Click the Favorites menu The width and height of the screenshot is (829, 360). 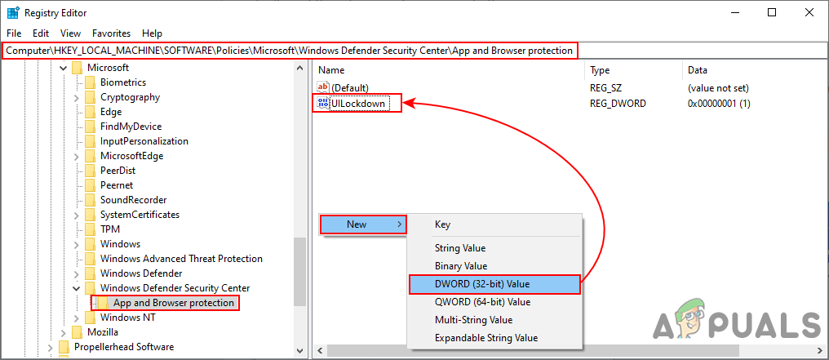111,33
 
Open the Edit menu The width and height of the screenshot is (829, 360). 41,33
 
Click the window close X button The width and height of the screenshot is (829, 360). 809,13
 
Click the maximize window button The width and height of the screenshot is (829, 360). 772,13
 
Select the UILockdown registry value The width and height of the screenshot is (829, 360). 358,104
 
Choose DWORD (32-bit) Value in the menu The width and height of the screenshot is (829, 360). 482,284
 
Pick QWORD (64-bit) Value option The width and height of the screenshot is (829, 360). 482,302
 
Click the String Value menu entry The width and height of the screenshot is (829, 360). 460,248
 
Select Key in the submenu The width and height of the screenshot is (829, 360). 442,224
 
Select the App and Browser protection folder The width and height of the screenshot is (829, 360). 174,303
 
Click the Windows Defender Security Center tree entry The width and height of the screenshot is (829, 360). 175,288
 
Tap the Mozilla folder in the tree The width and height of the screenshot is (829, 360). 103,332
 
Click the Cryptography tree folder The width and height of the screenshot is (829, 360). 130,97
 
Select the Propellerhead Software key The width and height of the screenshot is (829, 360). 124,347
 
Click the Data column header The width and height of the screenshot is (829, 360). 698,69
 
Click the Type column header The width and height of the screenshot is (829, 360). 600,69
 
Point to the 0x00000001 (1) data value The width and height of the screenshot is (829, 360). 719,104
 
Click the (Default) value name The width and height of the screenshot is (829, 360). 349,87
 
